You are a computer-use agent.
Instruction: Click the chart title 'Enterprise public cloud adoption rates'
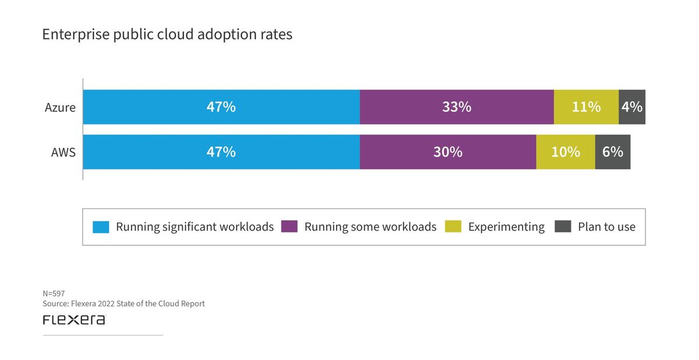tap(167, 34)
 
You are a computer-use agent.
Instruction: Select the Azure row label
tap(60, 107)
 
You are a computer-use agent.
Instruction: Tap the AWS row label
tap(63, 152)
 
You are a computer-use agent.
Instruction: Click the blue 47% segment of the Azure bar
tap(221, 107)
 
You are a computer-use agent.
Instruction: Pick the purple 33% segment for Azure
tap(457, 107)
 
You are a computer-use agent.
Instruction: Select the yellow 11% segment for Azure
tap(586, 107)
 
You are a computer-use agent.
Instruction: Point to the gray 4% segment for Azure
tap(632, 107)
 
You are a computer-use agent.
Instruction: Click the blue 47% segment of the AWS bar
tap(221, 152)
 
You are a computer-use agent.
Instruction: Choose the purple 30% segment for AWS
tap(448, 152)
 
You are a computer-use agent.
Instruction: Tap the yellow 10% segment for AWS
tap(566, 152)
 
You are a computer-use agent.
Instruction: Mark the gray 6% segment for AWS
tap(613, 152)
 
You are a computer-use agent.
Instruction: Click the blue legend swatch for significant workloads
tap(101, 227)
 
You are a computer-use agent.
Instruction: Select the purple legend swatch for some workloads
tap(290, 227)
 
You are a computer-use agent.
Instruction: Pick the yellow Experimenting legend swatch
tap(453, 227)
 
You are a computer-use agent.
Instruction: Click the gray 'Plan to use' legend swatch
tap(563, 227)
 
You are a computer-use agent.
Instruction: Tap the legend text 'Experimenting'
tap(506, 227)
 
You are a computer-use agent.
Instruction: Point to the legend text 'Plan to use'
tap(606, 227)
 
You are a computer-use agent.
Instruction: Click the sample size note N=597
tap(54, 294)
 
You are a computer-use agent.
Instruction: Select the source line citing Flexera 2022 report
tap(123, 303)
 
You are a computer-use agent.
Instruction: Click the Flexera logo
tap(74, 320)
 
